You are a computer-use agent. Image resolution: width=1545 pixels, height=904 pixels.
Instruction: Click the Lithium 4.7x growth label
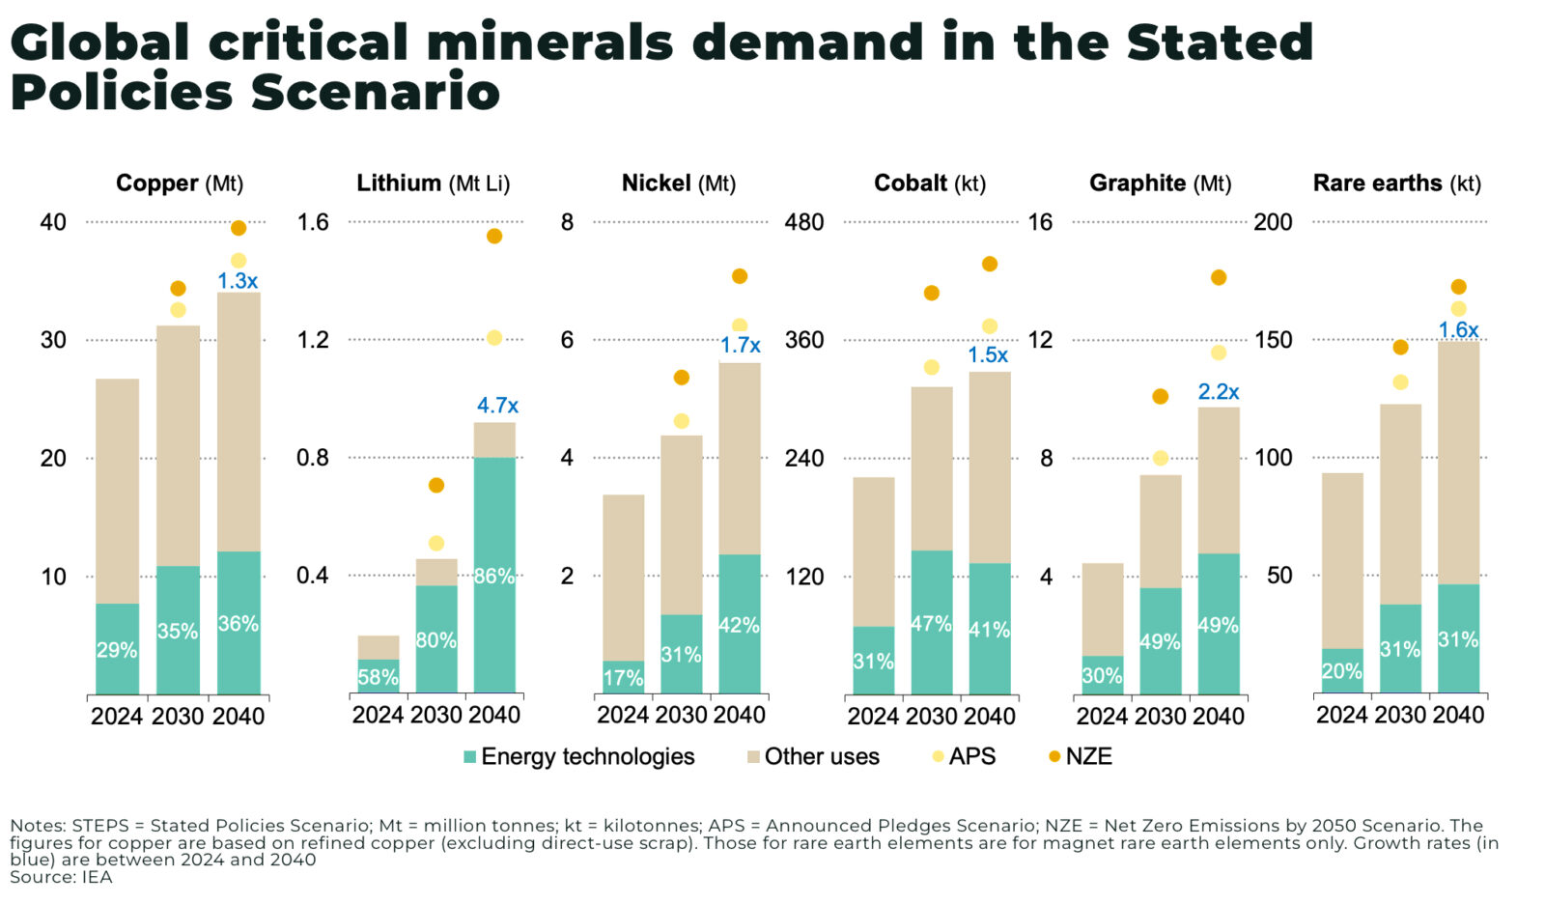(x=497, y=406)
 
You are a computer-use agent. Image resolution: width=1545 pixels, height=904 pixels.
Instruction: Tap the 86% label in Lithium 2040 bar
(x=493, y=577)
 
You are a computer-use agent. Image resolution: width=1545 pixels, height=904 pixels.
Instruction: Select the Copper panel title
(x=180, y=184)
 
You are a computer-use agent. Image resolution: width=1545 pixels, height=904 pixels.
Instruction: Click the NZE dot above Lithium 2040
(x=494, y=236)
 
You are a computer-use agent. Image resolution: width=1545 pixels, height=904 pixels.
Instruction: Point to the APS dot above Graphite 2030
(x=1161, y=458)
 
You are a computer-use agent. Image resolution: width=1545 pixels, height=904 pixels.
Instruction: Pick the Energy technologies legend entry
(x=578, y=757)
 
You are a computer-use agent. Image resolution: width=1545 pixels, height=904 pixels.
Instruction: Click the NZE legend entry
(x=1081, y=757)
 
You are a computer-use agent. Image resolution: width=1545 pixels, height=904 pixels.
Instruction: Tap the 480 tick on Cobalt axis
(x=803, y=222)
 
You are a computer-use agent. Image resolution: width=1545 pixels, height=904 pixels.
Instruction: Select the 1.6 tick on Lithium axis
(x=313, y=222)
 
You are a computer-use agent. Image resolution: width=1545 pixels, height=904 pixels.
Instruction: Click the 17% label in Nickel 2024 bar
(x=623, y=678)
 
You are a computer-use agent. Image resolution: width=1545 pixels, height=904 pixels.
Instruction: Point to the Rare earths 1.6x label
(x=1458, y=330)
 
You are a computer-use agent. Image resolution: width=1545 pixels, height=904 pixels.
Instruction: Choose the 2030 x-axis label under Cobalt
(x=931, y=717)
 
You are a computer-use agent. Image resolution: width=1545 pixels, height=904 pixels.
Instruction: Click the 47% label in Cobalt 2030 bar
(x=931, y=624)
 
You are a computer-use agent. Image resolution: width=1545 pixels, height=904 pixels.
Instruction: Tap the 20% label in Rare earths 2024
(x=1341, y=671)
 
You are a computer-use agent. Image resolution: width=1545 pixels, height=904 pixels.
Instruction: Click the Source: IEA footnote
(x=61, y=878)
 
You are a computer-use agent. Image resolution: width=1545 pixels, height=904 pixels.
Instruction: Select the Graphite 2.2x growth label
(x=1219, y=392)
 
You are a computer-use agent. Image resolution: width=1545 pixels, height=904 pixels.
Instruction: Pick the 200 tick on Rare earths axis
(x=1273, y=222)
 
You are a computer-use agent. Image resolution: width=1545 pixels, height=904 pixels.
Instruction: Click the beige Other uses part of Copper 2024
(x=117, y=491)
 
